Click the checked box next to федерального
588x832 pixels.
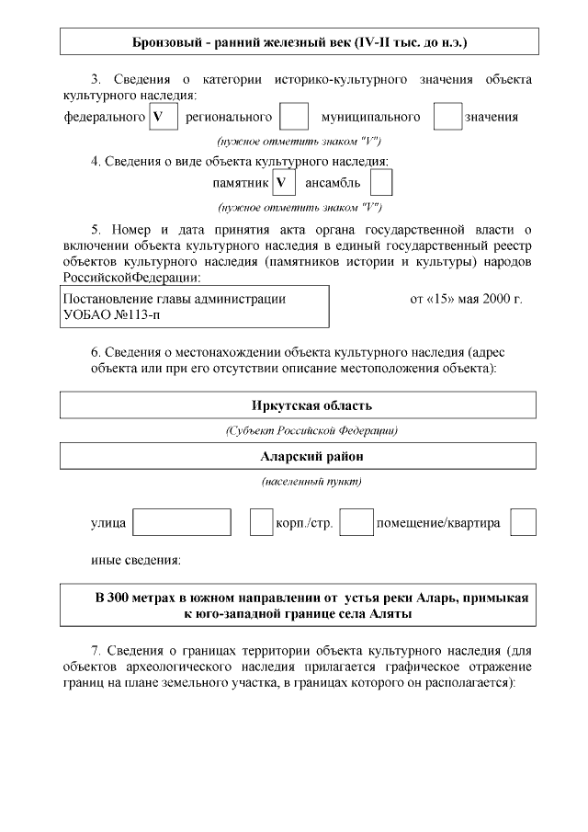coord(163,117)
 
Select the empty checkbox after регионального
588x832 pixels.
coord(293,117)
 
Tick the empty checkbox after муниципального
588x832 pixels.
coord(447,117)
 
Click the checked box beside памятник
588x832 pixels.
coord(284,183)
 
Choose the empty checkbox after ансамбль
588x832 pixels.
coord(381,183)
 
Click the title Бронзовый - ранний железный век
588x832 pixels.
coord(299,42)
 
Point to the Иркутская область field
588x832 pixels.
coord(299,406)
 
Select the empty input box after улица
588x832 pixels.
coord(182,522)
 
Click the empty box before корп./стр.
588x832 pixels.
coord(261,522)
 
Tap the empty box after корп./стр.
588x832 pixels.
coord(356,522)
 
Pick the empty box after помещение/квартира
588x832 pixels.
coord(523,522)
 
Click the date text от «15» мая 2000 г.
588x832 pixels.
coord(465,299)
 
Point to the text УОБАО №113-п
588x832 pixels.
coord(109,314)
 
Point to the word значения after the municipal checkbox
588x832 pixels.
coord(492,117)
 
